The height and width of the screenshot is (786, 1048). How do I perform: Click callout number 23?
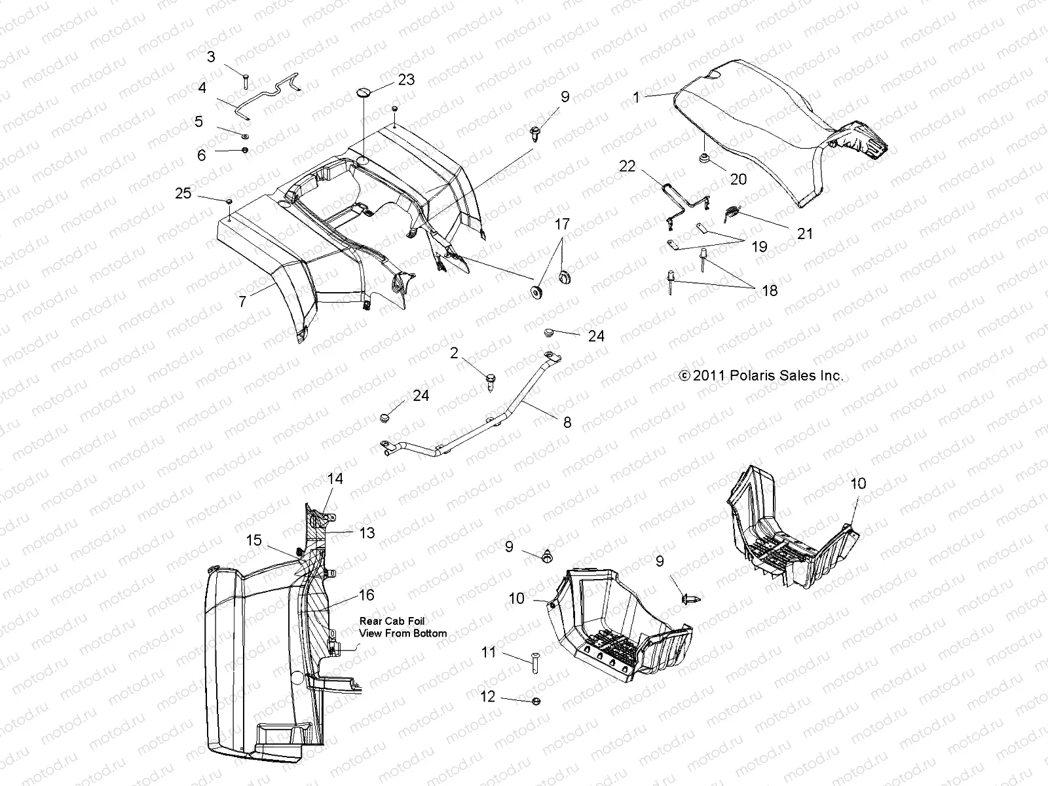tap(406, 79)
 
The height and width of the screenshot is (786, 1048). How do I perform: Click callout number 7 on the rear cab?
tap(243, 301)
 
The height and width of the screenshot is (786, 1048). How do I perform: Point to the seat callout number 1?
tap(636, 97)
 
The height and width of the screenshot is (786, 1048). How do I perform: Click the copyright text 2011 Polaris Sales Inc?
tap(761, 376)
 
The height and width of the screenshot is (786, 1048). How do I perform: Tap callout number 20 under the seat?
tap(738, 179)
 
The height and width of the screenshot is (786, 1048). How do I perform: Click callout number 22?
tap(627, 166)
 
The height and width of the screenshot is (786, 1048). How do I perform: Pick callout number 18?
tap(770, 290)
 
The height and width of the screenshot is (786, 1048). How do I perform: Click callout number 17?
tap(563, 225)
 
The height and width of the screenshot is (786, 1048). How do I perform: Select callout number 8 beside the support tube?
tap(567, 422)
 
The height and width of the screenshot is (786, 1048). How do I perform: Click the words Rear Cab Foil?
tap(392, 621)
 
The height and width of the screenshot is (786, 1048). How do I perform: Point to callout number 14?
tap(335, 479)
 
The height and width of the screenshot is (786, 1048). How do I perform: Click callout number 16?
tap(366, 594)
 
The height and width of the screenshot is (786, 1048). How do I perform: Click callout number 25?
tap(183, 193)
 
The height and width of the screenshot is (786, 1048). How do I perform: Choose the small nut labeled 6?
tap(245, 151)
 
